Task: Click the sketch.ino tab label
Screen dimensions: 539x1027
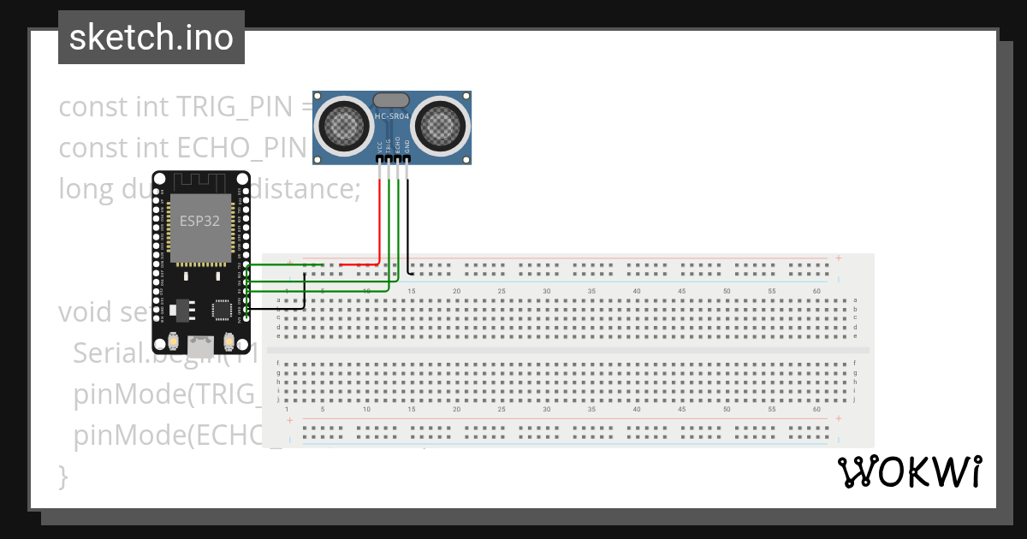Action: point(151,38)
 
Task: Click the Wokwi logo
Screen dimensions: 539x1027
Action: point(908,472)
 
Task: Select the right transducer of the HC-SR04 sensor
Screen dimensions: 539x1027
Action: point(441,127)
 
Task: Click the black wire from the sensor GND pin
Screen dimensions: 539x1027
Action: point(407,222)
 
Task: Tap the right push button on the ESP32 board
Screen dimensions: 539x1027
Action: point(229,341)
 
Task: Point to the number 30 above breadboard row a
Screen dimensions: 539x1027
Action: point(546,292)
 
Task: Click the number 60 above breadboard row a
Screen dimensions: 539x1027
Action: point(816,292)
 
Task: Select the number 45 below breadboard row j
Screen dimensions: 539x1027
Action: point(681,409)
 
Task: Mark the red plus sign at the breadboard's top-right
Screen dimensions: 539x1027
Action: point(839,258)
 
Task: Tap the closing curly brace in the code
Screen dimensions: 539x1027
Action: point(62,474)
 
